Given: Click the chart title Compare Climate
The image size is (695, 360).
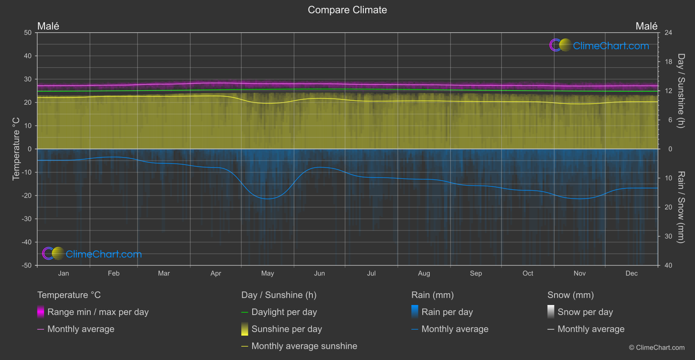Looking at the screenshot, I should point(347,10).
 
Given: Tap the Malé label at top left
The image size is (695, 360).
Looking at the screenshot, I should point(48,26).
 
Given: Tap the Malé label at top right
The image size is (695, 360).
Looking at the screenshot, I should point(646,26).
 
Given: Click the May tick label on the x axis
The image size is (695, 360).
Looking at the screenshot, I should point(267,274).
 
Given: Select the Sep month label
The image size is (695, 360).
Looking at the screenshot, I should point(476,274).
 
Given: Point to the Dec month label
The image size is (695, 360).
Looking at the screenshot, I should point(631,274).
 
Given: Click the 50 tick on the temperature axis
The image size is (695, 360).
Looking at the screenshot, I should point(28,33).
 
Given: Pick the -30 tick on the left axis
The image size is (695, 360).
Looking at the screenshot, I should point(27,219).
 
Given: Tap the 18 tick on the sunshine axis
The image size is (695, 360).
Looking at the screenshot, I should point(668,62).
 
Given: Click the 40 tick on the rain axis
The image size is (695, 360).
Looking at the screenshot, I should point(668,265).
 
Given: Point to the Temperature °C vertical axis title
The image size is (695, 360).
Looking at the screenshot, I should point(16,149).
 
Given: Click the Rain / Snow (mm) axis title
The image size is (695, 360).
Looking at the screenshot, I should point(681,207).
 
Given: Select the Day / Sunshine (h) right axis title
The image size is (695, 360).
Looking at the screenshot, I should point(681,91).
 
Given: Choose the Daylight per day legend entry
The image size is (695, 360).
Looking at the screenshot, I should point(284,312).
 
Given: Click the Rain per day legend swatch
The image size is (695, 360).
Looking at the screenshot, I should point(415,312).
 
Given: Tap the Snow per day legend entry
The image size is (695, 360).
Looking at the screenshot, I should point(585,312).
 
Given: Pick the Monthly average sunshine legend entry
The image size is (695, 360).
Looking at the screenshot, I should point(304,346).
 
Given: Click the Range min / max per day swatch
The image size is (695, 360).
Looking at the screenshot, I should point(41,312).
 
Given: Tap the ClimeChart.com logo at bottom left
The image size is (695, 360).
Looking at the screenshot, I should point(92,254).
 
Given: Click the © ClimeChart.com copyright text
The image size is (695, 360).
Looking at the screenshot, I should point(657,348).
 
